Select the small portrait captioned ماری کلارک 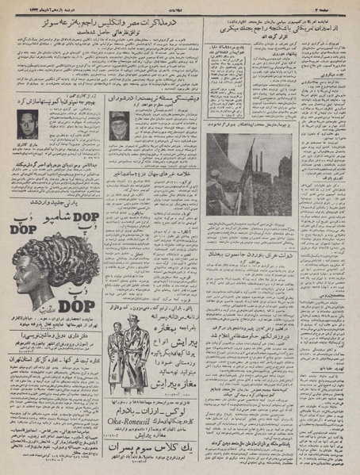pos(28,122)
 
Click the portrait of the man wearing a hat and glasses pos(122,124)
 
